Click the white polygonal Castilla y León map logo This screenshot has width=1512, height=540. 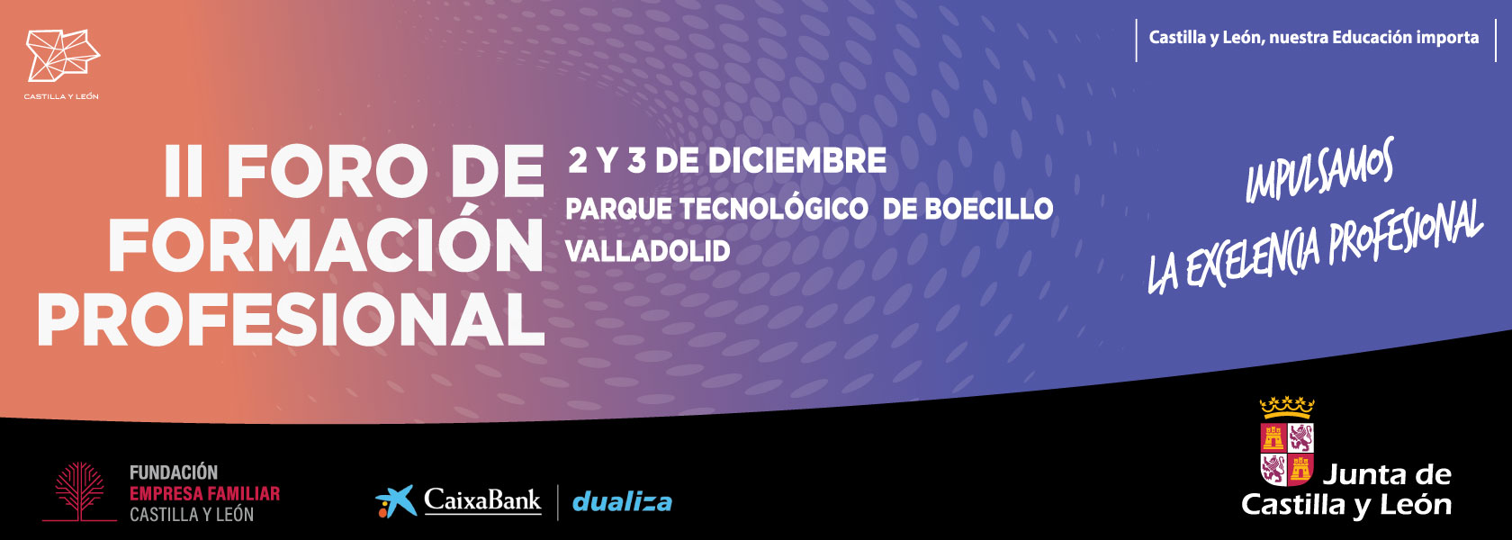62,55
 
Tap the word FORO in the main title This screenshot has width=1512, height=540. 328,172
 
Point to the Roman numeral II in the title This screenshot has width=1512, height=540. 184,172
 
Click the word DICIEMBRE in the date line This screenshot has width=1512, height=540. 797,160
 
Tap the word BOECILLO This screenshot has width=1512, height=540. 989,209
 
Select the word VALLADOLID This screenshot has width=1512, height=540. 648,252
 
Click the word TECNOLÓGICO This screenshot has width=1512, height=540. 774,209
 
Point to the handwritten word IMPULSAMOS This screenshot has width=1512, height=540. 1319,169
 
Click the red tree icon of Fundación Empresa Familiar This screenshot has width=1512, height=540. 79,490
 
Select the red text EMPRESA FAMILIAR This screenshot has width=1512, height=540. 204,494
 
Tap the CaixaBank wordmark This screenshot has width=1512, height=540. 482,500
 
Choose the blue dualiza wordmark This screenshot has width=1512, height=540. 622,502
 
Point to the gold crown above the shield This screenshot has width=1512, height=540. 1287,407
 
